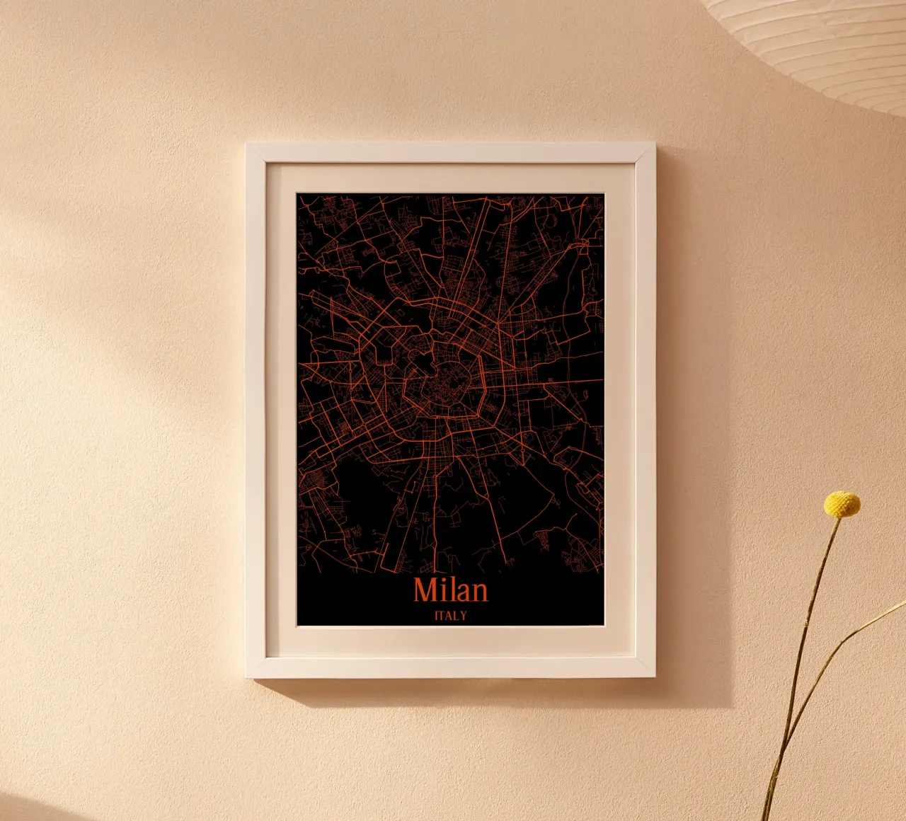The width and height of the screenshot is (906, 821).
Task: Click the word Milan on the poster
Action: pos(451,590)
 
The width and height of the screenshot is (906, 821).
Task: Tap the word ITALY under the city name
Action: pos(451,616)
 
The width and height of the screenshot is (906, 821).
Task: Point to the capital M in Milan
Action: pos(425,590)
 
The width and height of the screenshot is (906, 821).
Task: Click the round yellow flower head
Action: pos(842,504)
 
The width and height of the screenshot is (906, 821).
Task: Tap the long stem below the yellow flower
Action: pos(807,637)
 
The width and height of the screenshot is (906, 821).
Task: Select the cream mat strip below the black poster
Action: pos(450,641)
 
